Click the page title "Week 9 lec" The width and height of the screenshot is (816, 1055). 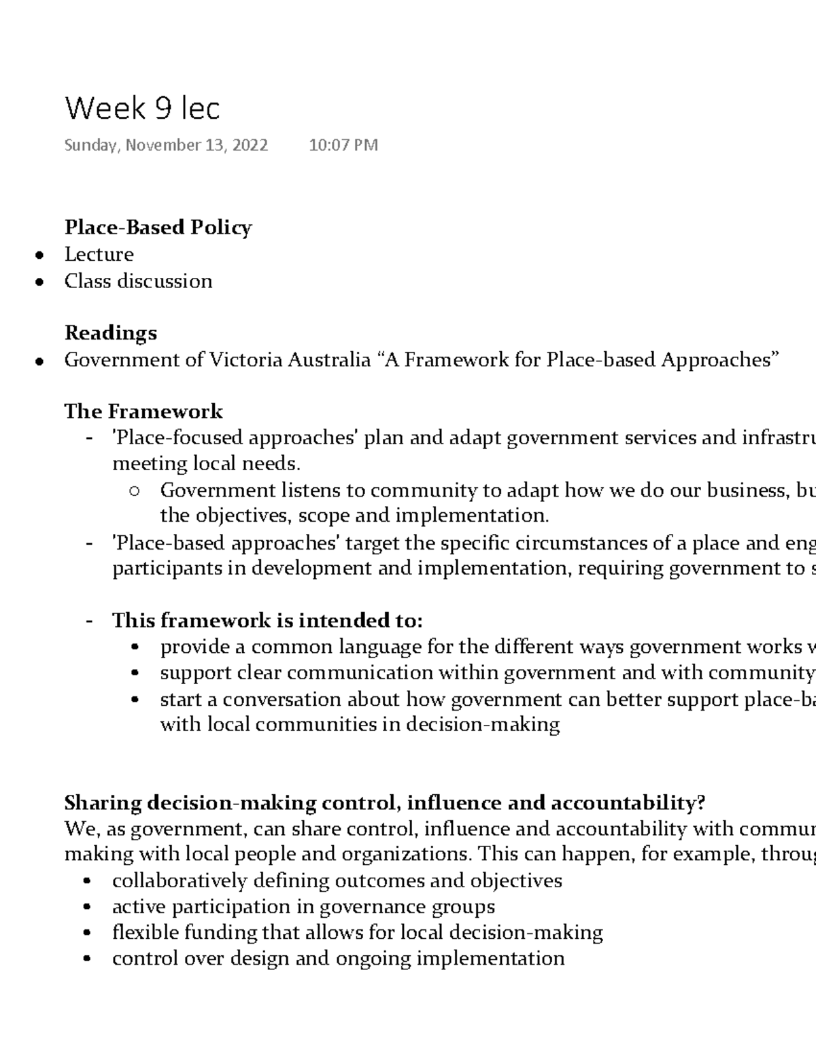[142, 109]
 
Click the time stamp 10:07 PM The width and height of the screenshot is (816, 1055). [343, 145]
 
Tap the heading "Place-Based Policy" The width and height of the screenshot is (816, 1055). [158, 227]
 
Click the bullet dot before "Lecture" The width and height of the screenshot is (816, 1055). [41, 255]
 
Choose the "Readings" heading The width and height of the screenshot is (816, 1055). [111, 333]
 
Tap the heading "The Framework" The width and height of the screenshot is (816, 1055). [143, 411]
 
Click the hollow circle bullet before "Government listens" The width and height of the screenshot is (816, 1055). [134, 491]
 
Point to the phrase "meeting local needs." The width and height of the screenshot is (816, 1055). [206, 464]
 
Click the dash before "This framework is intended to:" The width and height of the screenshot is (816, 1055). [89, 621]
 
